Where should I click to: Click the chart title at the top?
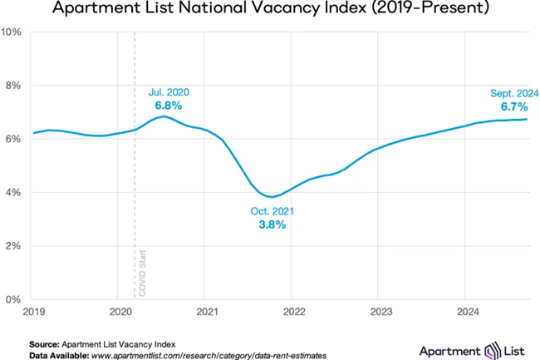tap(270, 10)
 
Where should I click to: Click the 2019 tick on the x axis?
tap(34, 312)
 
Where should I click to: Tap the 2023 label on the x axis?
tap(378, 312)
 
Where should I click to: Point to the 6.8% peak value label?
tap(168, 106)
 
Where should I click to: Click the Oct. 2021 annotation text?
tap(272, 212)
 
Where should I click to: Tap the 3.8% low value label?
tap(272, 224)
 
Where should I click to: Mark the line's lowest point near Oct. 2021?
tap(272, 197)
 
